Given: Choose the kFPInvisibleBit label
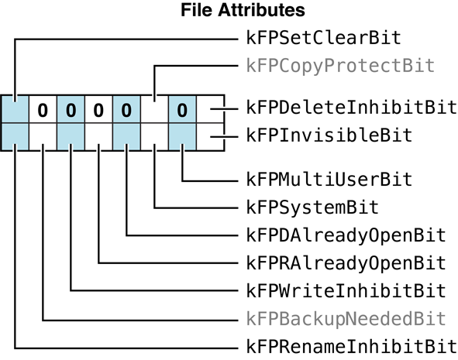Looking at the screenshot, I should tap(329, 135).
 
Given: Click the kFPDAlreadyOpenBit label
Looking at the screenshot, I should tap(346, 235).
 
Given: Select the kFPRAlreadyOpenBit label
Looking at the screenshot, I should tap(346, 262).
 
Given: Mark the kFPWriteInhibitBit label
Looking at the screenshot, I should tap(346, 290).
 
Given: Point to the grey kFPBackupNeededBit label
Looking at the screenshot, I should tap(346, 318).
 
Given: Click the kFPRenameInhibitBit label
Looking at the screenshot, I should tap(351, 345).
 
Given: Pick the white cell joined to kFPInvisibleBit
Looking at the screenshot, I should tap(209, 137).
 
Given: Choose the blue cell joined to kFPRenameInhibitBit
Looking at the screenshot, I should tap(15, 137).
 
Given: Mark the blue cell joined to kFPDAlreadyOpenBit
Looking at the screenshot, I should tap(126, 137).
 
